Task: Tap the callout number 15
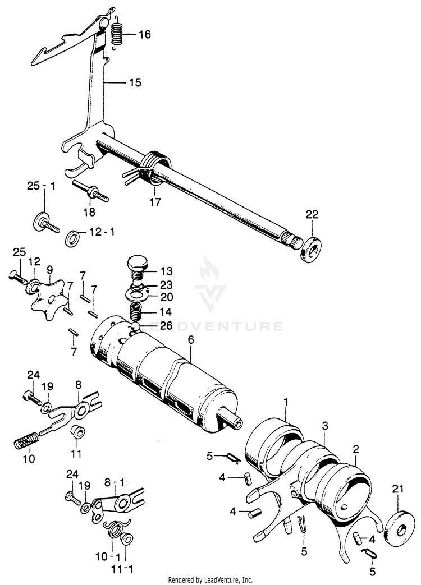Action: tap(135, 82)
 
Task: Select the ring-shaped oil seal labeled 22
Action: tap(309, 250)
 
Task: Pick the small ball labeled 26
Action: tap(136, 326)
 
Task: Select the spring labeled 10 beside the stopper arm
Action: tap(26, 439)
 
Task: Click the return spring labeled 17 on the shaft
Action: tap(153, 169)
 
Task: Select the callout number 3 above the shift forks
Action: tap(324, 427)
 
